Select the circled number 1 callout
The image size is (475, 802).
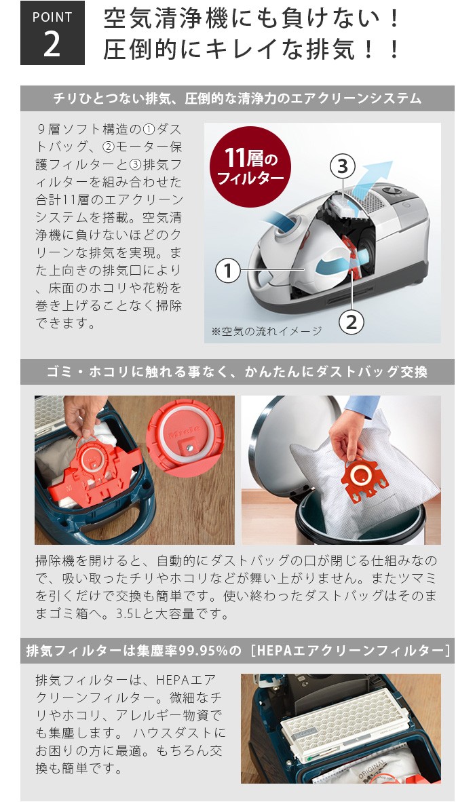[x=228, y=271]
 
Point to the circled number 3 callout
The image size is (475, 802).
[x=343, y=165]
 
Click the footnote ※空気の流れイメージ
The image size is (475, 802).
[x=266, y=332]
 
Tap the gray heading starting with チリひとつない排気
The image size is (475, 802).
[x=237, y=99]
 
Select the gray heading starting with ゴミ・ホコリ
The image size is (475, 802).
[x=237, y=373]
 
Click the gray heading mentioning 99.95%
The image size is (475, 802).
[x=237, y=651]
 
